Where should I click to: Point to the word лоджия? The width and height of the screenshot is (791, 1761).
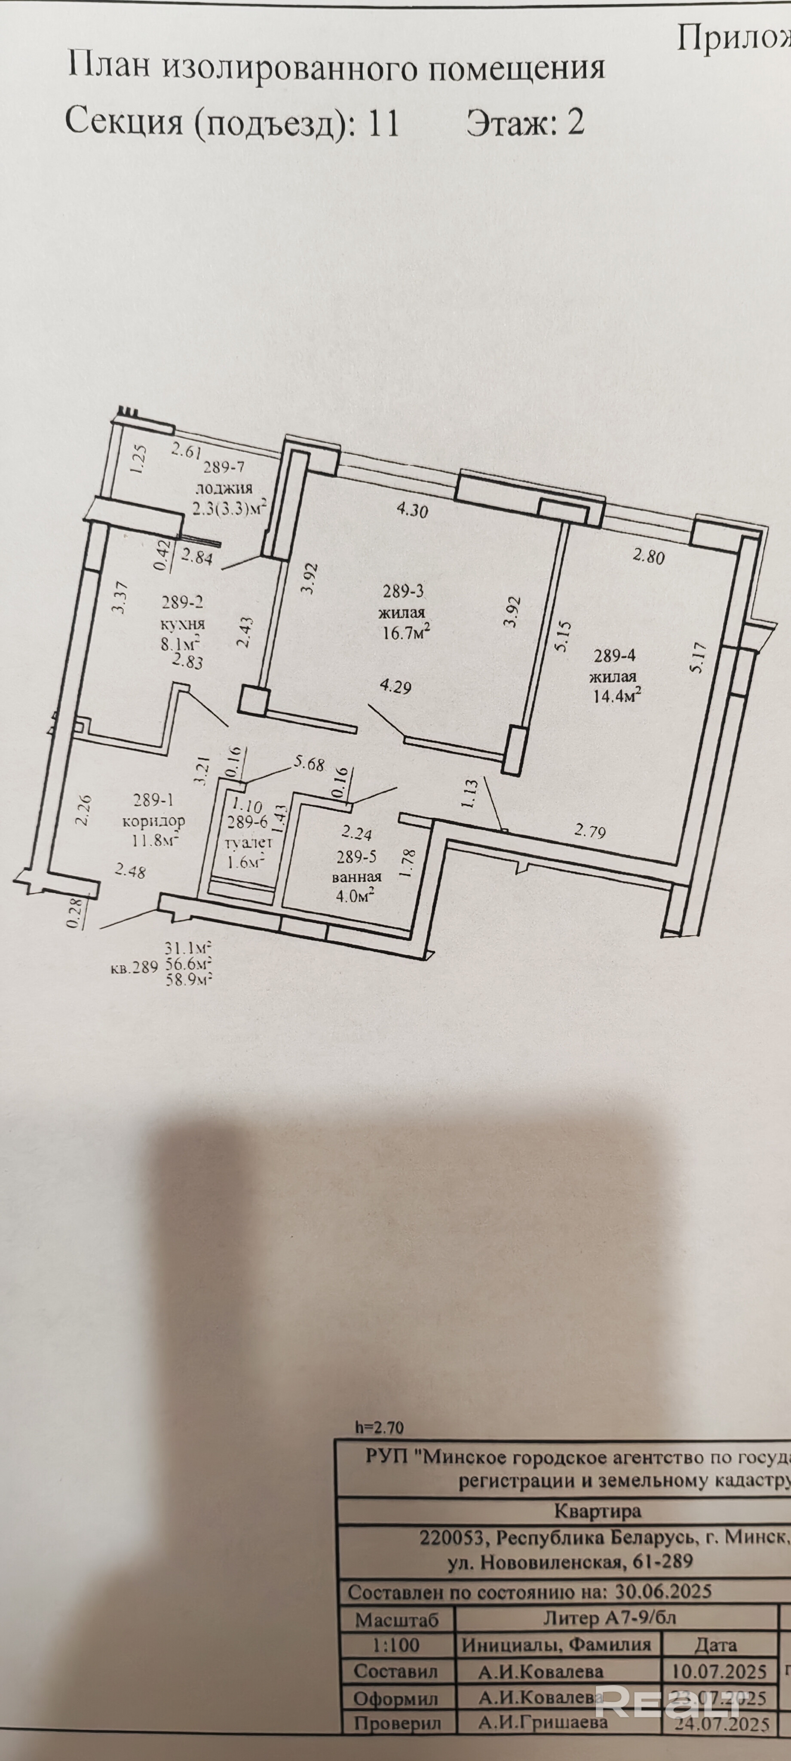(x=224, y=488)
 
